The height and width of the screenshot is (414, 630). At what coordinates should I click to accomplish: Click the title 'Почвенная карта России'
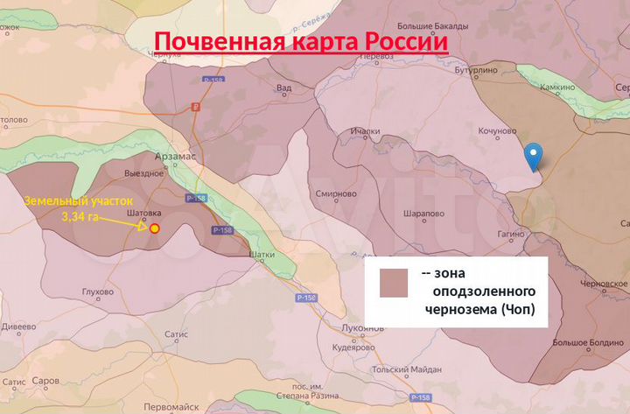(x=302, y=41)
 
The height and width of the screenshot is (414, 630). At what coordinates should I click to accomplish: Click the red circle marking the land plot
(x=155, y=228)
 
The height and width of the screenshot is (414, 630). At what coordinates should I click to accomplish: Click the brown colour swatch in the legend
(x=394, y=283)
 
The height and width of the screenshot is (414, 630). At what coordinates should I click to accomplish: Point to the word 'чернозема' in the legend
(x=455, y=309)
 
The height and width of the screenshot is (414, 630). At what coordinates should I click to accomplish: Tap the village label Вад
(x=283, y=88)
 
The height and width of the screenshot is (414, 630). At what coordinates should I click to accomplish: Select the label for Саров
(x=45, y=382)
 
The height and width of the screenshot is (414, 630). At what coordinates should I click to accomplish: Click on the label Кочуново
(x=493, y=131)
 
